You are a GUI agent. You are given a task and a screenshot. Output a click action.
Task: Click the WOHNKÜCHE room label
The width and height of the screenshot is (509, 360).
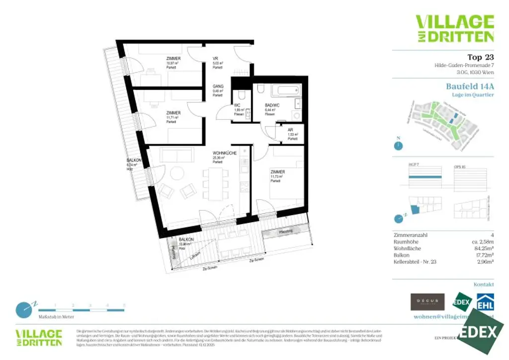click(224, 153)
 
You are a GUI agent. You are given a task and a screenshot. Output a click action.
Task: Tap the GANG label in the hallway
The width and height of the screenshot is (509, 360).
click(217, 86)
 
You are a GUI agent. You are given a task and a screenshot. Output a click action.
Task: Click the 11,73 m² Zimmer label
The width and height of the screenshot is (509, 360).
click(278, 172)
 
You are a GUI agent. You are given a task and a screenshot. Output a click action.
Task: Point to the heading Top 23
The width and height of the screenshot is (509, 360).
click(481, 57)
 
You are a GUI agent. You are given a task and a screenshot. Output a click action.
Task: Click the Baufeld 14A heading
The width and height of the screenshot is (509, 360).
click(470, 86)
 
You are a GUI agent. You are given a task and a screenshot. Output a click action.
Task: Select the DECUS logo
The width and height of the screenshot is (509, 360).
click(427, 302)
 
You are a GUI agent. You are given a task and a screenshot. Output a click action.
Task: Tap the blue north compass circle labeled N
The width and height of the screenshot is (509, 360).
click(398, 146)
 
